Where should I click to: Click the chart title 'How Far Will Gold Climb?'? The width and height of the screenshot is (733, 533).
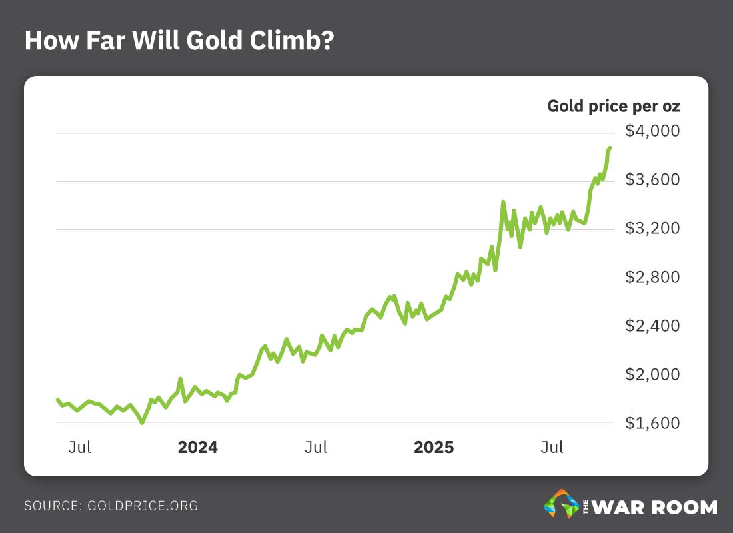pos(179,41)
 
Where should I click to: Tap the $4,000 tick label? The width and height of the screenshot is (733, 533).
pos(652,131)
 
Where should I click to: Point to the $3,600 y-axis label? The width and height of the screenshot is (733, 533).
pos(652,180)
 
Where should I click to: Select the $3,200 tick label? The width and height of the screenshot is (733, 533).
pos(652,229)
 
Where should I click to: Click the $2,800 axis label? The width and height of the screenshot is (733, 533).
pos(652,278)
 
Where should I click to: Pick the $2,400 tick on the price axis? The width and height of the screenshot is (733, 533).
pos(652,326)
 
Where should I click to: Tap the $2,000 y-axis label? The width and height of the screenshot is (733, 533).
pos(652,375)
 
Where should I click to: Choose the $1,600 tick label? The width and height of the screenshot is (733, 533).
pos(652,424)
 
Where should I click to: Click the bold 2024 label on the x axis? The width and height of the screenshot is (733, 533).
pos(197,447)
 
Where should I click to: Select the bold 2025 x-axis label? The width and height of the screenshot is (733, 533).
pos(434,447)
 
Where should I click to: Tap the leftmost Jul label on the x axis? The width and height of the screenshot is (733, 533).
pos(79,447)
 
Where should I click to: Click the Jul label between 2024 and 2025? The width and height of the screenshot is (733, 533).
pos(316,447)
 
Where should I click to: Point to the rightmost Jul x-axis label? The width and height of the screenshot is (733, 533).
pos(552,447)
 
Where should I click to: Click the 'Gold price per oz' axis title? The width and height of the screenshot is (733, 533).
pos(614,106)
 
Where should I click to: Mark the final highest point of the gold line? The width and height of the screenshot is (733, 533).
pos(610,148)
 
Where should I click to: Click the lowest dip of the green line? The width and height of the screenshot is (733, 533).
pos(141,422)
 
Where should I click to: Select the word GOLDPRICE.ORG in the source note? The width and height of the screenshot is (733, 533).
pos(143,506)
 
